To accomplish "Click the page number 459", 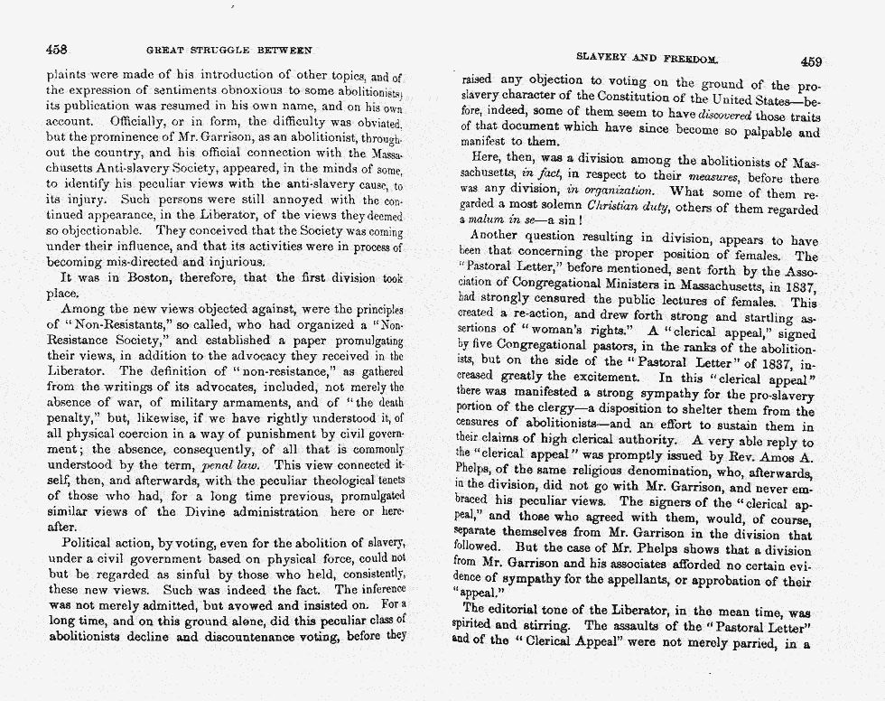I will coord(810,61).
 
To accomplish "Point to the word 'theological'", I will coord(329,481).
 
